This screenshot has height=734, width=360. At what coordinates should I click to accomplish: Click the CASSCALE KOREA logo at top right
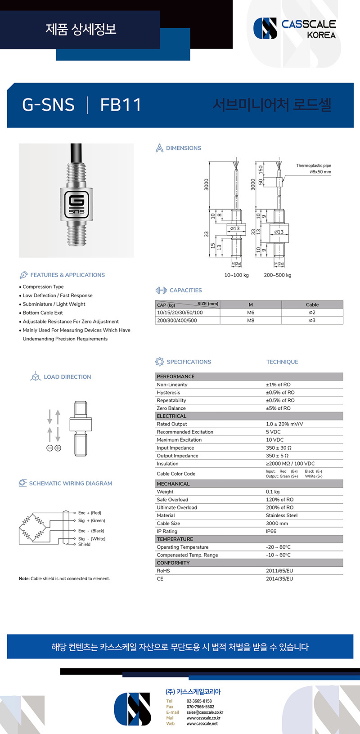coord(295,28)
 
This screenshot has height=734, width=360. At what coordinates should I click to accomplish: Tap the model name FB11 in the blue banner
coord(121,105)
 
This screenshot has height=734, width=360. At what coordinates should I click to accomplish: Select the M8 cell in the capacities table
coord(251,321)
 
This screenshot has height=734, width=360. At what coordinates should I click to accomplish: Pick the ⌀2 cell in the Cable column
coord(312,313)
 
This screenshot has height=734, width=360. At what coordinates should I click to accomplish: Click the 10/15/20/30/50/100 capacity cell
coord(180,313)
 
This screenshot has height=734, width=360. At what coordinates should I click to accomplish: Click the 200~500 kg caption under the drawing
coord(277,275)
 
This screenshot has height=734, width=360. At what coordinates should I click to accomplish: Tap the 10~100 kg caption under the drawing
coord(236,275)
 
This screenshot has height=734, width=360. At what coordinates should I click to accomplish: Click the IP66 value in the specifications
coord(271,531)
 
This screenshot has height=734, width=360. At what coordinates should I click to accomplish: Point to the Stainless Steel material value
coord(282,515)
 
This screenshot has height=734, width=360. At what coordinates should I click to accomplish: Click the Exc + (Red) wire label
coord(90,513)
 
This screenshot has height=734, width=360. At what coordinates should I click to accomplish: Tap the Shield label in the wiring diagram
coord(84,544)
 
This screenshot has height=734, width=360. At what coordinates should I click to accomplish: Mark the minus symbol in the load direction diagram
coord(50,448)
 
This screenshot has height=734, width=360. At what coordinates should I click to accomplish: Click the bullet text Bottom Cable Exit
coord(43,313)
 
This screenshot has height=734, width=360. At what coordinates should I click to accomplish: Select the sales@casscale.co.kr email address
coord(205,712)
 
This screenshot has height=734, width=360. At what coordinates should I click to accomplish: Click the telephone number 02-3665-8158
coord(199,701)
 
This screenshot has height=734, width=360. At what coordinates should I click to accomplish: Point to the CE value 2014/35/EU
coord(279,579)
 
